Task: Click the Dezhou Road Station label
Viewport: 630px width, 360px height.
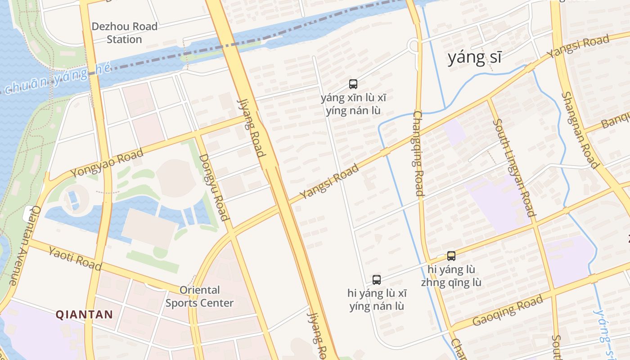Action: [x=124, y=33]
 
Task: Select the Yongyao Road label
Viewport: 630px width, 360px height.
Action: [x=107, y=163]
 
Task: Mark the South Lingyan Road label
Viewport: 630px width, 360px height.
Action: [x=513, y=167]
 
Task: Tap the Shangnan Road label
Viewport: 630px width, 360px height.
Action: [x=580, y=130]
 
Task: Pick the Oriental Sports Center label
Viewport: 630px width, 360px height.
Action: [x=199, y=297]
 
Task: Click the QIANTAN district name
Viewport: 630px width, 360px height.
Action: [x=84, y=314]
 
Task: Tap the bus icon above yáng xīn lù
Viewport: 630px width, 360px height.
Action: [x=353, y=84]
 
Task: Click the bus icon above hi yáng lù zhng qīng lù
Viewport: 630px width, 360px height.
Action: [x=451, y=256]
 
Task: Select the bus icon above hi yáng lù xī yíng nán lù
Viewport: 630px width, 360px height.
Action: [x=377, y=280]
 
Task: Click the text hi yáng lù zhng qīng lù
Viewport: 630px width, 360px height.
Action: [x=451, y=276]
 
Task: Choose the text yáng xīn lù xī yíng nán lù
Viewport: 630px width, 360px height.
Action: [x=353, y=104]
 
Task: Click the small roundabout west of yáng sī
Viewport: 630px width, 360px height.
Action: [x=414, y=45]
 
